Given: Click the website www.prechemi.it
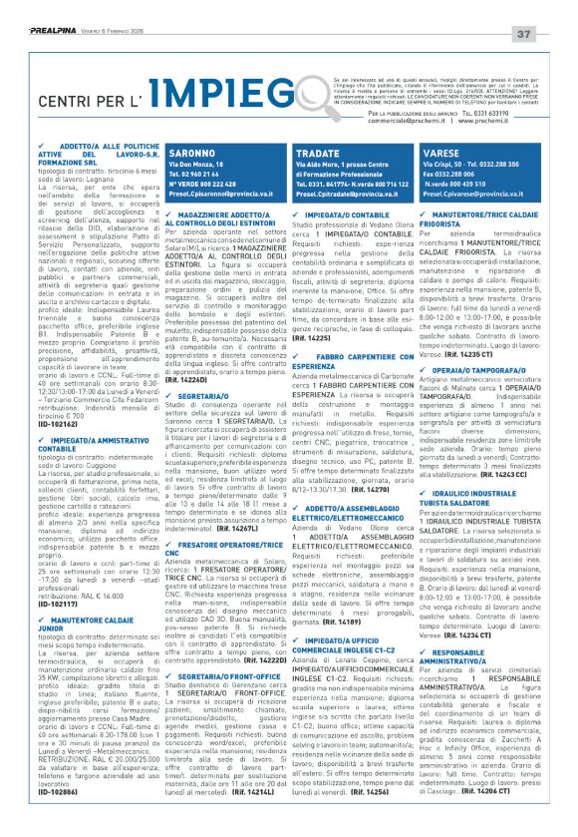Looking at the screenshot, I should coord(513,132).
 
